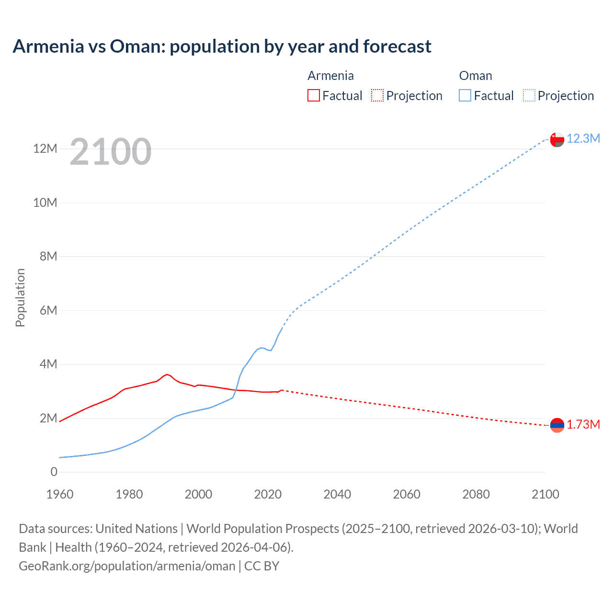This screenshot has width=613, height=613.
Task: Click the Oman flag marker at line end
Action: tap(557, 139)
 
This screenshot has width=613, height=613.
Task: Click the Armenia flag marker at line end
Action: tap(557, 425)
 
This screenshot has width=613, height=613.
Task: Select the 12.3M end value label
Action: tap(583, 138)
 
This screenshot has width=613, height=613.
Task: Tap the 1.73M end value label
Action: tap(583, 425)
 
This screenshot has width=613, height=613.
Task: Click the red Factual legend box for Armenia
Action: tap(313, 96)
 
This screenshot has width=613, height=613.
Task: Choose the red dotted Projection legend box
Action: tap(377, 96)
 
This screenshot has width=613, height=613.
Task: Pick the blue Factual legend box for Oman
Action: tap(465, 96)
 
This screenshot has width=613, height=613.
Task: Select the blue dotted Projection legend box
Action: tap(529, 96)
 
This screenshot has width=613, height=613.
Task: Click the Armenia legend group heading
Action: tap(330, 76)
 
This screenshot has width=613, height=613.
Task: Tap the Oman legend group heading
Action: tap(476, 76)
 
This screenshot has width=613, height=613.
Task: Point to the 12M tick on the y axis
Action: tap(45, 149)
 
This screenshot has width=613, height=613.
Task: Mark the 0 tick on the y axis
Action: tap(54, 472)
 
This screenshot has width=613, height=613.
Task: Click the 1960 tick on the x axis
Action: tap(60, 494)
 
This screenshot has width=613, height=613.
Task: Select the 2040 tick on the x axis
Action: tap(337, 494)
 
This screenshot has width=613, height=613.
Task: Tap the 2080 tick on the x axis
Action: tap(476, 494)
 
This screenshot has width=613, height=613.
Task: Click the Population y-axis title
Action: tap(20, 297)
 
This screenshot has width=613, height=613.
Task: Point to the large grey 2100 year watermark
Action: tap(111, 152)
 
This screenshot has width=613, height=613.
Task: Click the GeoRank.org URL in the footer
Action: tap(127, 566)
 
